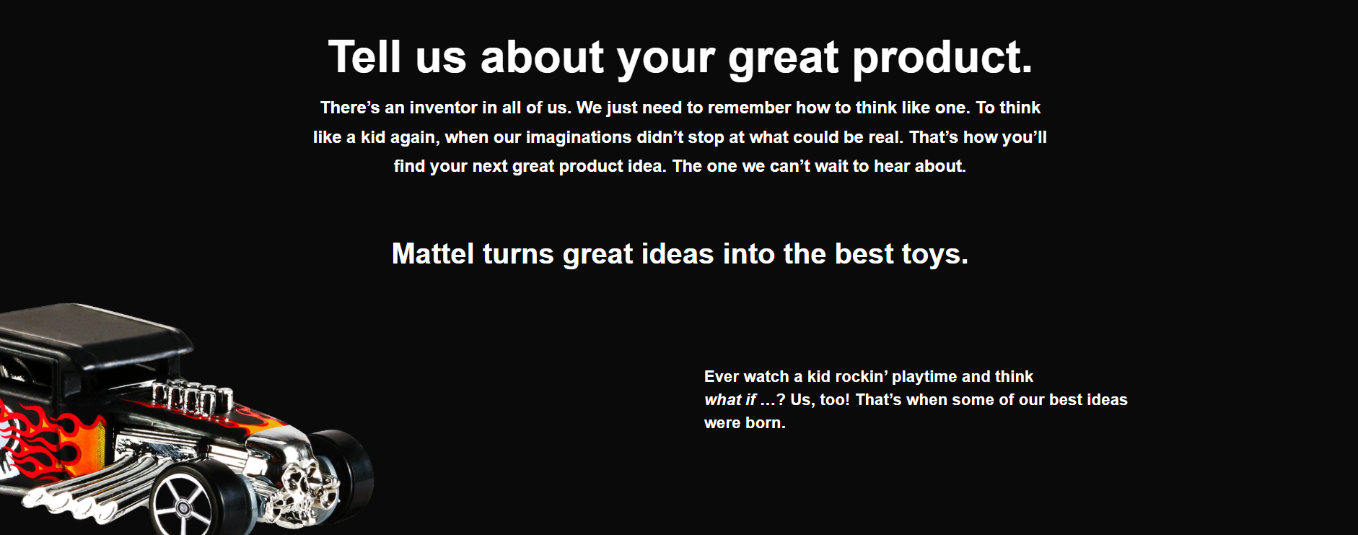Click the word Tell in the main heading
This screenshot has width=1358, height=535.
click(364, 57)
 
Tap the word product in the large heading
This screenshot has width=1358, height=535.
click(942, 58)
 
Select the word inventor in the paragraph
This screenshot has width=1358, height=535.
click(443, 108)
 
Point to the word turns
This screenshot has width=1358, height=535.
click(518, 255)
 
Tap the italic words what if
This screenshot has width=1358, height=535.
click(730, 400)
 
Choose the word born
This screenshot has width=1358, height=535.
click(766, 423)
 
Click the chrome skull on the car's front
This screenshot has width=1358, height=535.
click(303, 484)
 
